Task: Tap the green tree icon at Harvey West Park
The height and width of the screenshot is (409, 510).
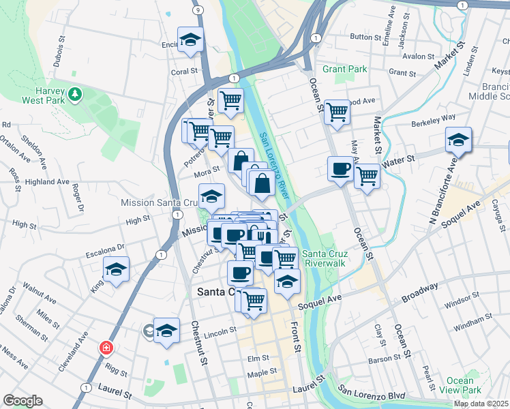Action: click(75, 94)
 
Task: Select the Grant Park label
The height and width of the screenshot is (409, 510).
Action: click(344, 69)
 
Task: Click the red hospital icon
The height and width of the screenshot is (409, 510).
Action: click(106, 348)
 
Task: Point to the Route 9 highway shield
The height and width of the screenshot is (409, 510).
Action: click(197, 11)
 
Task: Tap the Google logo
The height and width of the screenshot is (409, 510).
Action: click(22, 401)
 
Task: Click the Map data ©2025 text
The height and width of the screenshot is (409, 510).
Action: click(481, 404)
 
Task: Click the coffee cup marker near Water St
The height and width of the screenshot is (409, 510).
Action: click(340, 168)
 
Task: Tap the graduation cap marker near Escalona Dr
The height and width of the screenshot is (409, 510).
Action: click(116, 269)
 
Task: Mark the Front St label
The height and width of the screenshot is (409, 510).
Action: click(297, 337)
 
